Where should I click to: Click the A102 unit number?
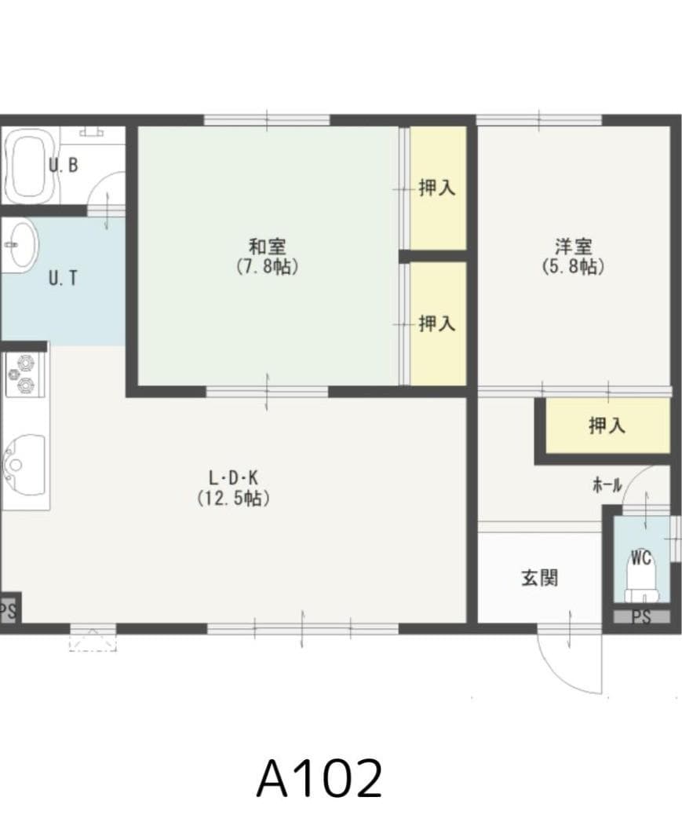(319, 778)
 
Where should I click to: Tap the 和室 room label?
(266, 246)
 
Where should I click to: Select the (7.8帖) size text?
(266, 266)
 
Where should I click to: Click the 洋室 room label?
(573, 246)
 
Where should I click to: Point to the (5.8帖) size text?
(573, 266)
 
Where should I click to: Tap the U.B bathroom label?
(63, 166)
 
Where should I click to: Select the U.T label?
(63, 278)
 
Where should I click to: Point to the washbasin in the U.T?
(20, 244)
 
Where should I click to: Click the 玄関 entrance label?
(540, 579)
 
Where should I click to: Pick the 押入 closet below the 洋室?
(607, 426)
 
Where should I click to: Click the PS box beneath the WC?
(641, 617)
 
